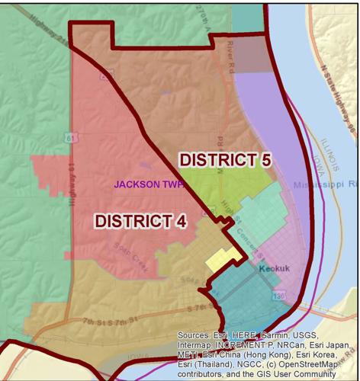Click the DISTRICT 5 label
(225, 160)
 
